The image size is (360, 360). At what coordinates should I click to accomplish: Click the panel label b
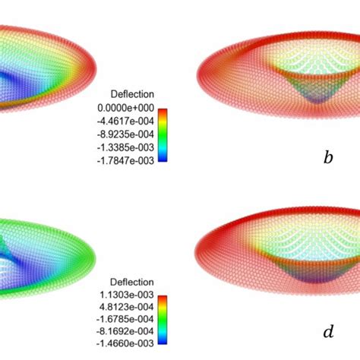(327, 158)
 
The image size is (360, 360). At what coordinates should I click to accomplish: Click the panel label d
(327, 332)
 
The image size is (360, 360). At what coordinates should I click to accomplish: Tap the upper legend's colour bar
(163, 135)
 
